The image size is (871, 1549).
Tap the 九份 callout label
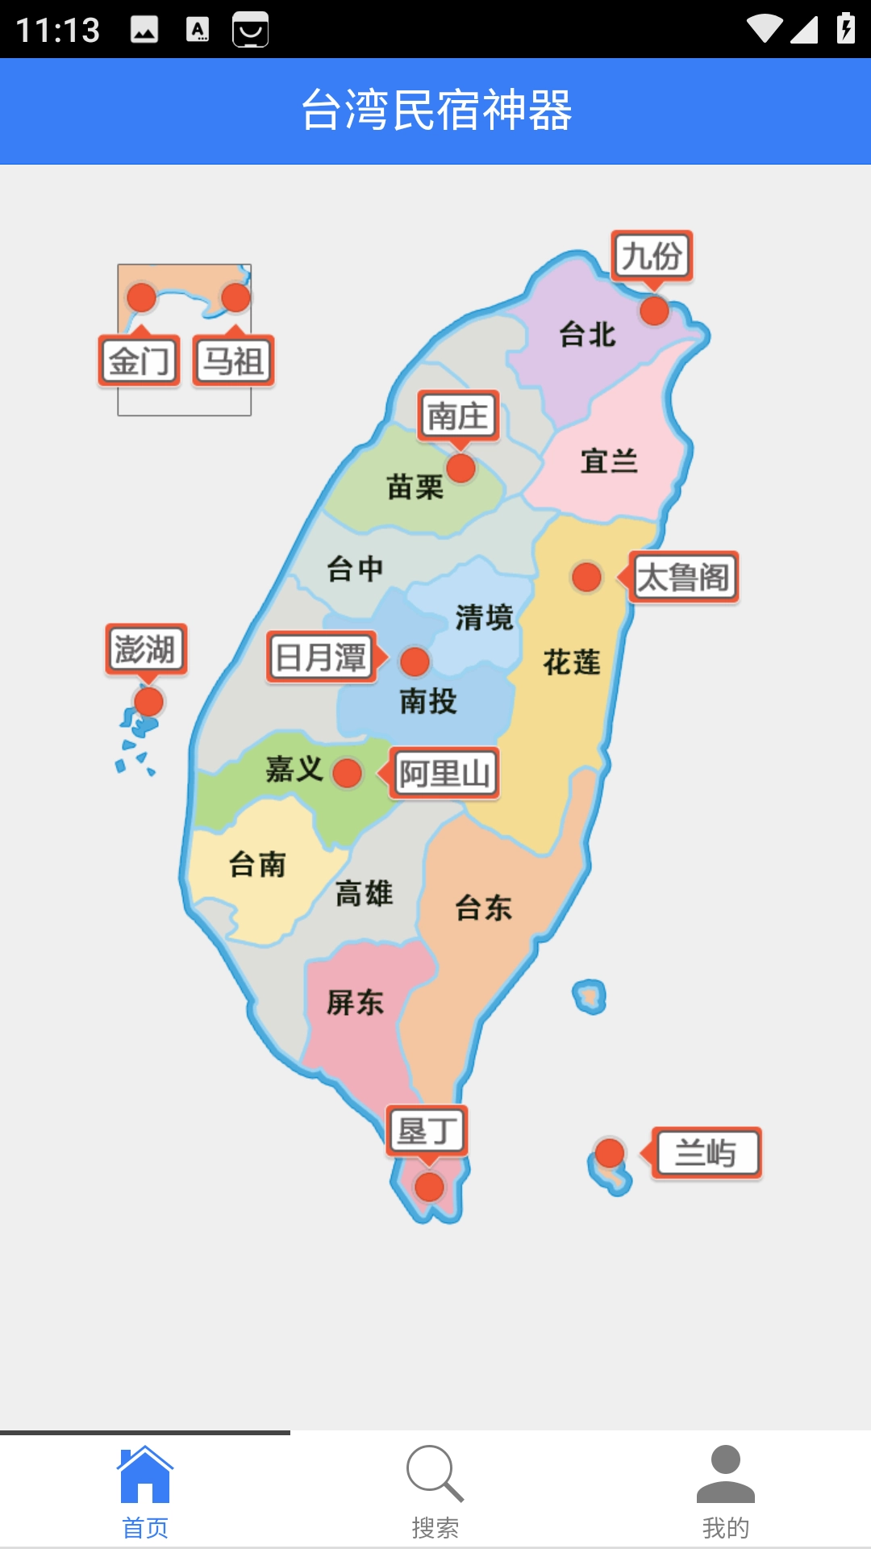[652, 257]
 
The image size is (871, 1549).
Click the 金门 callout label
[140, 361]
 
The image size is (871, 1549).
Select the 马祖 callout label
[233, 361]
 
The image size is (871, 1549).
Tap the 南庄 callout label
[458, 416]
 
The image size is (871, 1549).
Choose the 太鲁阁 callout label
[683, 578]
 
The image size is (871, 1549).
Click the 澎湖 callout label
[146, 649]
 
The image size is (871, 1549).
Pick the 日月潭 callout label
[322, 658]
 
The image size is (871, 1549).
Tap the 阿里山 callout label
[444, 774]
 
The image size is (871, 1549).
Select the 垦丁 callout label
[427, 1130]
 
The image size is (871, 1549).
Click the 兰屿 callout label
[706, 1153]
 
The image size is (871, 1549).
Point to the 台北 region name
[588, 334]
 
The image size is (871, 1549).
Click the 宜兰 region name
[610, 461]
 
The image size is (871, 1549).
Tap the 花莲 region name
[572, 662]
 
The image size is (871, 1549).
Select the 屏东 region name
[355, 1003]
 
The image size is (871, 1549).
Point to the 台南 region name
[257, 864]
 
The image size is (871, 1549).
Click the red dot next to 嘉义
[348, 773]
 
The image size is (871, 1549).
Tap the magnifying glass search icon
[435, 1474]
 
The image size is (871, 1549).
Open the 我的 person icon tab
[725, 1474]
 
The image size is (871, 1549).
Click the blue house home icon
[145, 1474]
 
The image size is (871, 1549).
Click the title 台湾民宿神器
[435, 111]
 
